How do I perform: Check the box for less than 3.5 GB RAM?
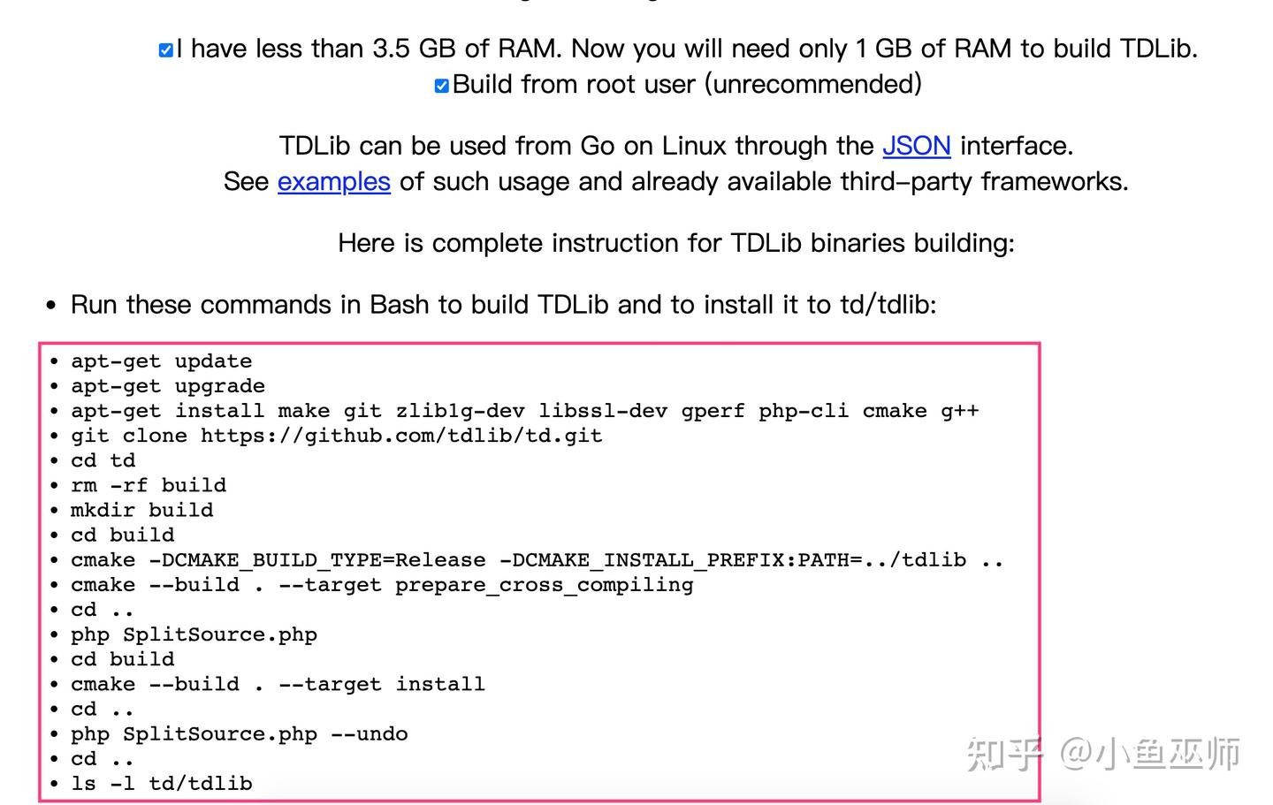[165, 50]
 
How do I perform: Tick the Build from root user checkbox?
[441, 86]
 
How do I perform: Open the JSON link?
[916, 146]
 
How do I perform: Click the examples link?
[333, 182]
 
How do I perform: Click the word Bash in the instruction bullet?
[400, 305]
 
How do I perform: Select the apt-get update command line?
[161, 361]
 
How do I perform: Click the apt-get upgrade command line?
[167, 386]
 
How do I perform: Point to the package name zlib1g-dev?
[460, 411]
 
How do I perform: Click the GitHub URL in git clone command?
[400, 436]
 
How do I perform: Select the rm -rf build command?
[148, 485]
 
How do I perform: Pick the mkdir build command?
[141, 510]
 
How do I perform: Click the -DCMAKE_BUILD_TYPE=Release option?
[316, 560]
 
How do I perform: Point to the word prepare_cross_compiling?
[544, 585]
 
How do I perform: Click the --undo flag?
[369, 734]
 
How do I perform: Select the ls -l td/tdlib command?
[161, 784]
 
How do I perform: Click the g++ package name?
[959, 411]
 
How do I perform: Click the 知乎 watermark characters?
[1003, 754]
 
